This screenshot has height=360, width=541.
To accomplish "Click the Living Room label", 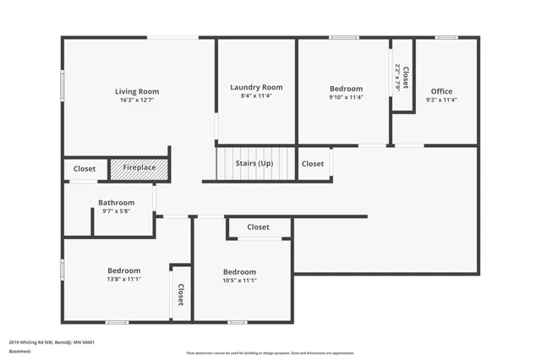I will pyautogui.click(x=137, y=91).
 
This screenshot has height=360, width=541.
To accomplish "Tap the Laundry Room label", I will pyautogui.click(x=256, y=87).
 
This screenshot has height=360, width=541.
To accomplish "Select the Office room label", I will pyautogui.click(x=441, y=91).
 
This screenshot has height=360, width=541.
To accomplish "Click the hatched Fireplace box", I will pyautogui.click(x=139, y=168).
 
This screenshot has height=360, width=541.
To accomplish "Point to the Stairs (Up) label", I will pyautogui.click(x=254, y=163).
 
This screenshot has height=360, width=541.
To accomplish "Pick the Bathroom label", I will pyautogui.click(x=116, y=203).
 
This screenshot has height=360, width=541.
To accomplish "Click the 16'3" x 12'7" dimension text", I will pyautogui.click(x=137, y=100).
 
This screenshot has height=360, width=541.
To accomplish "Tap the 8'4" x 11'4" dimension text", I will pyautogui.click(x=256, y=95).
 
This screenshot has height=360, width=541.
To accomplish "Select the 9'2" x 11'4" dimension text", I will pyautogui.click(x=441, y=100).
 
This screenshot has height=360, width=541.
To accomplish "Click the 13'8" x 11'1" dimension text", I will pyautogui.click(x=123, y=279).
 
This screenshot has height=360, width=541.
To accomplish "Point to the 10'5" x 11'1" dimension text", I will pyautogui.click(x=239, y=280).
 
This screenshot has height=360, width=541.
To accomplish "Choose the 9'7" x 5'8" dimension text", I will pyautogui.click(x=116, y=211).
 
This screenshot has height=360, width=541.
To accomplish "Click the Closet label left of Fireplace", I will pyautogui.click(x=85, y=169).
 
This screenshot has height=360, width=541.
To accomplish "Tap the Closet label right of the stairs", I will pyautogui.click(x=313, y=163).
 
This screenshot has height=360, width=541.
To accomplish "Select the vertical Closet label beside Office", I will pyautogui.click(x=406, y=79).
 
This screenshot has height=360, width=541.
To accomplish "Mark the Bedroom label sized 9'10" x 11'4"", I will pyautogui.click(x=346, y=89).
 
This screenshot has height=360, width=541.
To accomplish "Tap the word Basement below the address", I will pyautogui.click(x=19, y=351).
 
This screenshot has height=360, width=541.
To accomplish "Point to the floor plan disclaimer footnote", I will pyautogui.click(x=270, y=353).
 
